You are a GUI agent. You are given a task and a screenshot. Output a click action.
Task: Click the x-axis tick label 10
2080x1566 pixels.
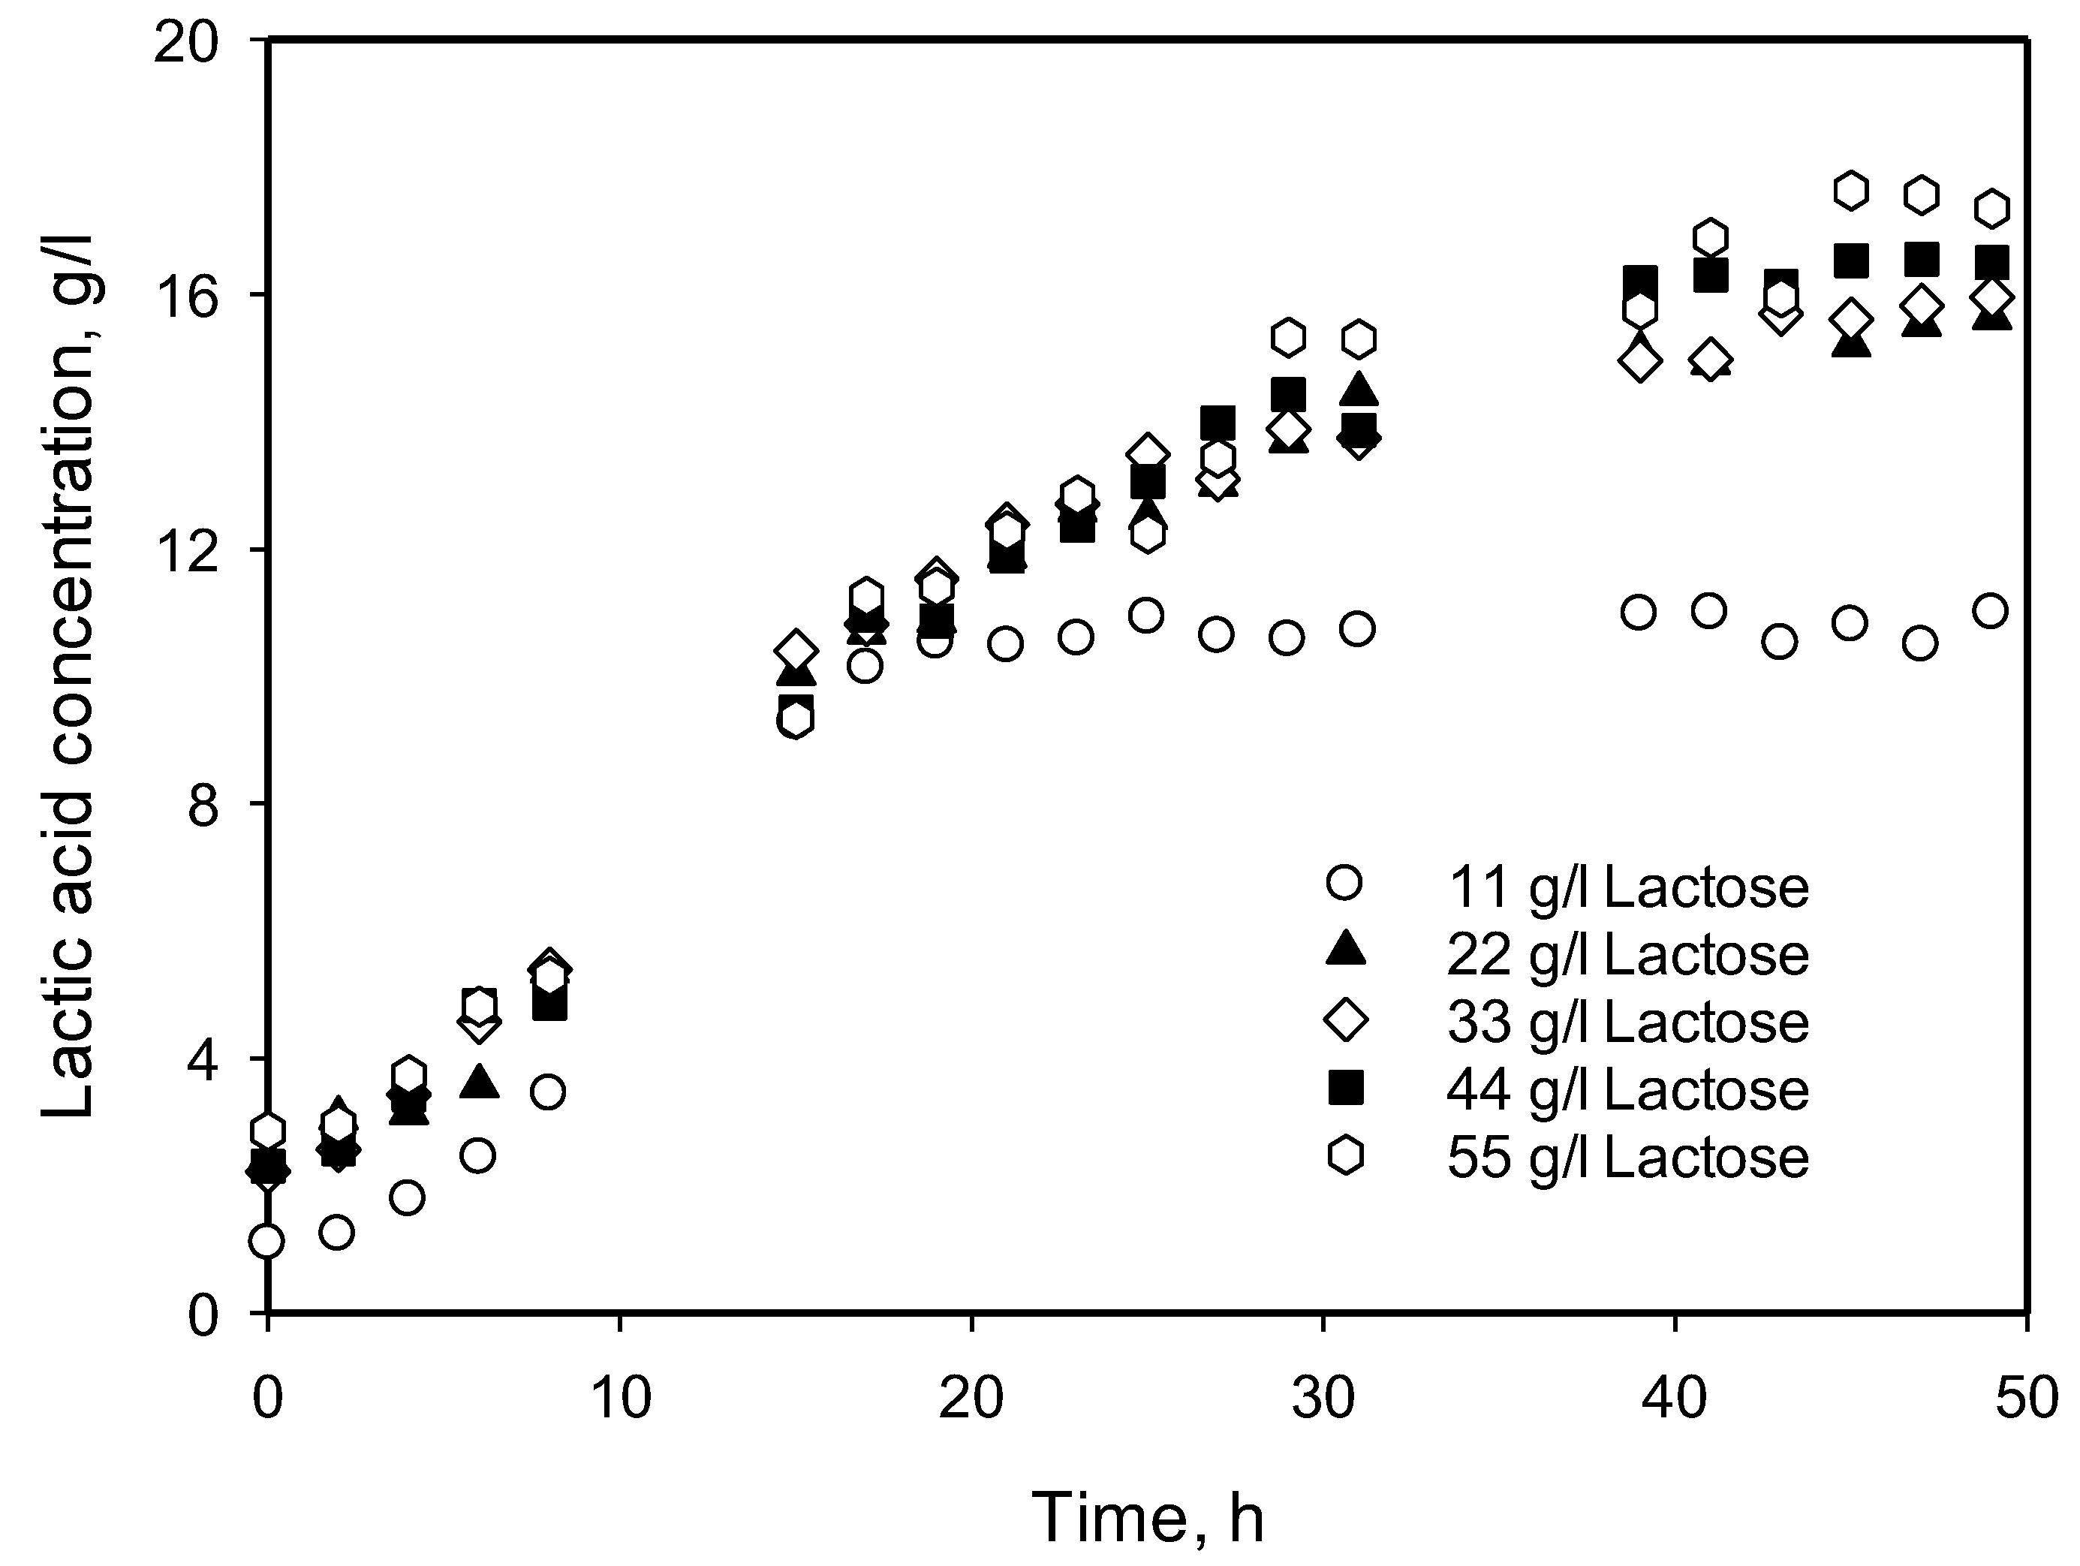[620, 1399]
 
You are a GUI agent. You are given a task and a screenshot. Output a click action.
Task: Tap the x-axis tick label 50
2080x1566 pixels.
[2027, 1399]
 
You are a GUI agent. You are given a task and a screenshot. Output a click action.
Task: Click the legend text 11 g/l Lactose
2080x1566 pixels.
[1627, 887]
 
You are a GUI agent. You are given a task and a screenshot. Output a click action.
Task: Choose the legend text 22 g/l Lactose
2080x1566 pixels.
[1627, 955]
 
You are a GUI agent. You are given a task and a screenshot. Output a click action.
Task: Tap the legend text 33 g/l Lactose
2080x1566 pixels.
[1627, 1022]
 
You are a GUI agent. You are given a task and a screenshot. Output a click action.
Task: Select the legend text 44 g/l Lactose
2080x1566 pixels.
[1627, 1090]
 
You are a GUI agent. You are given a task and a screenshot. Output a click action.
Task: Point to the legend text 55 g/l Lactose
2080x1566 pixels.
[1627, 1158]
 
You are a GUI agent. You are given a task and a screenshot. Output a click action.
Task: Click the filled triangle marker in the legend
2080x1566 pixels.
[1346, 949]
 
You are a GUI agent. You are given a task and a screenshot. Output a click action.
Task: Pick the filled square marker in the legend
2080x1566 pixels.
[1346, 1089]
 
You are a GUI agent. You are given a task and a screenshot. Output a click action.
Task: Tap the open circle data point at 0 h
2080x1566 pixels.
[267, 1242]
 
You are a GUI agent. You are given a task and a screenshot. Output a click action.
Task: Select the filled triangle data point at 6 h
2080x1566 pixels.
[479, 1082]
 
